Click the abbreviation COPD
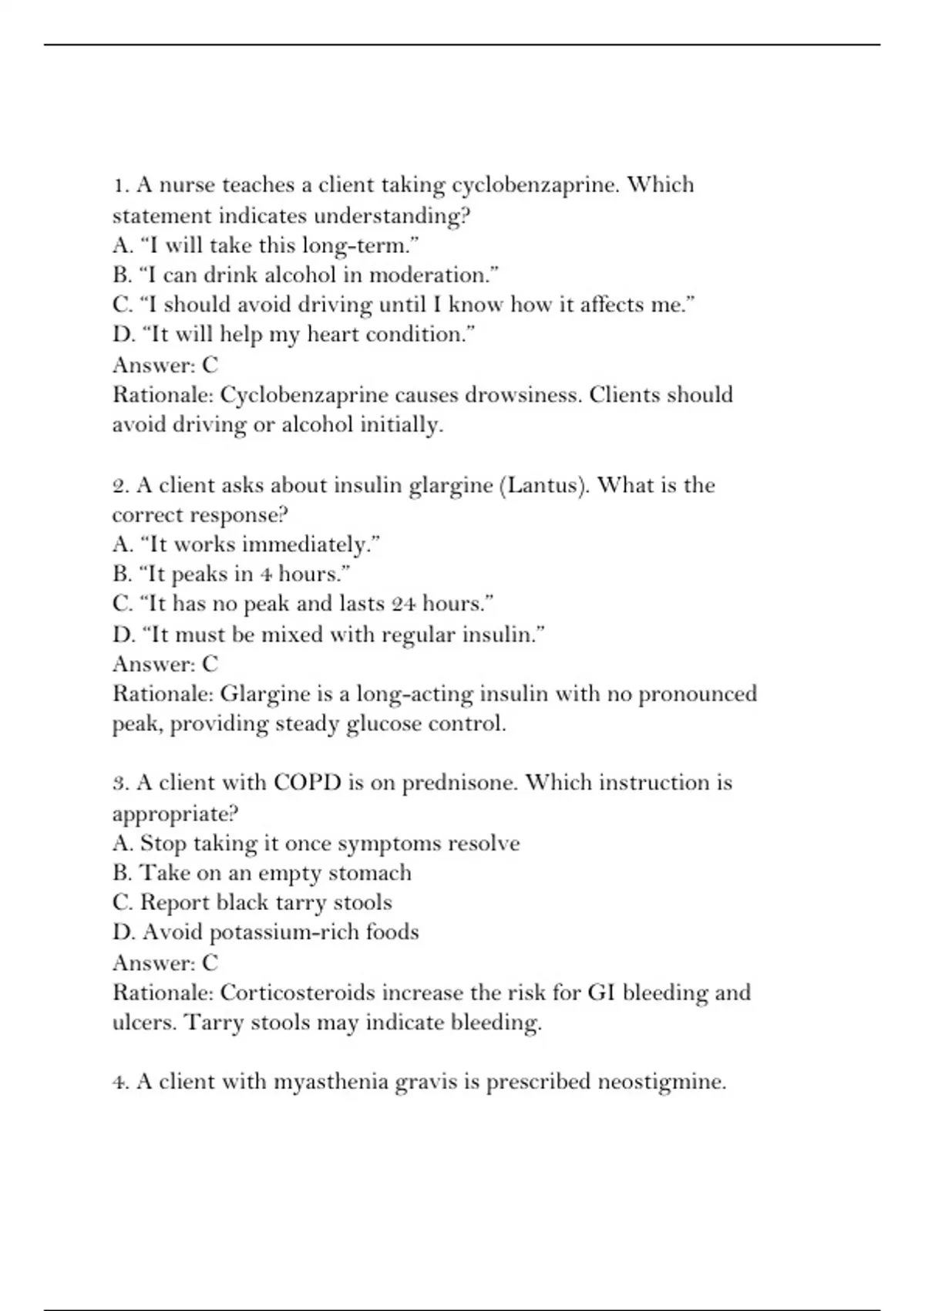(308, 783)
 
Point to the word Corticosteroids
(298, 993)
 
